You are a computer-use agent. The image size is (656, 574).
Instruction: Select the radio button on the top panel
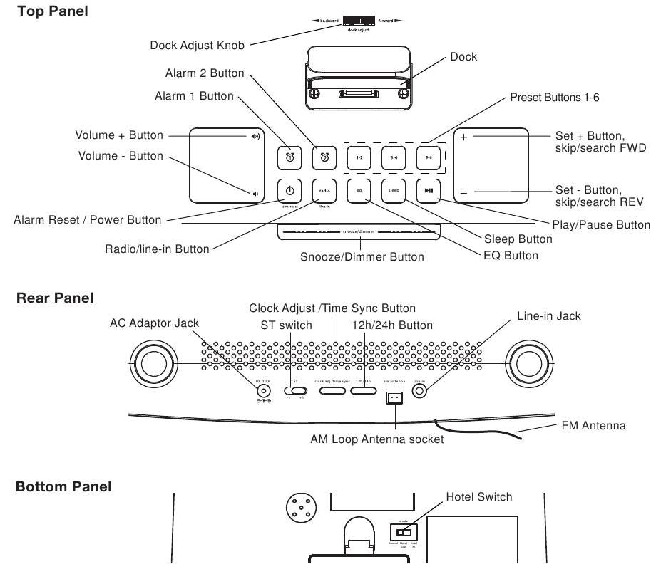pyautogui.click(x=324, y=190)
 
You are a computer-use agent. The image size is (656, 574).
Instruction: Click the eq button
pyautogui.click(x=359, y=190)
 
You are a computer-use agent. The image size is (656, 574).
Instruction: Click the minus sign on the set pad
pyautogui.click(x=464, y=193)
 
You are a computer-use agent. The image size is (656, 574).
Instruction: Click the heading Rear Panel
pyautogui.click(x=54, y=298)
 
